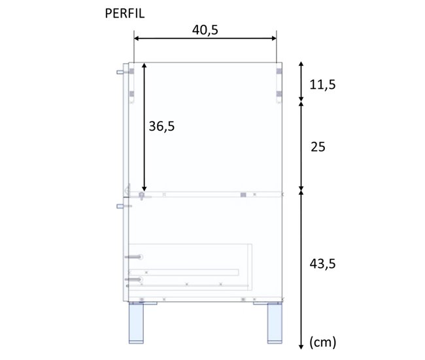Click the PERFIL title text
(125, 14)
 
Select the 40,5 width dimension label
(205, 30)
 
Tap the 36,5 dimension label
(161, 126)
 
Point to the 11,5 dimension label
(322, 84)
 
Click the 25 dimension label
(318, 147)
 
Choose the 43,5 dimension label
(322, 263)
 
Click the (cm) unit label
(323, 342)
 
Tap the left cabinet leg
(136, 323)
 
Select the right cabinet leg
(275, 323)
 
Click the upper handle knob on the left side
(120, 73)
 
